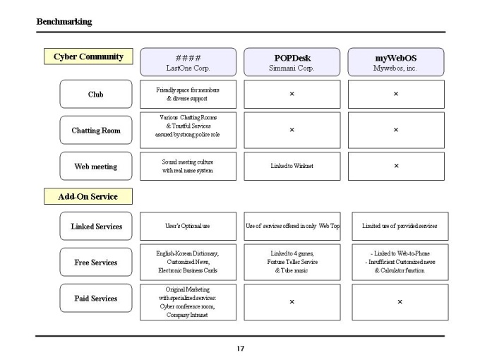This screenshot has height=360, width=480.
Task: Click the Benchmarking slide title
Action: pyautogui.click(x=64, y=22)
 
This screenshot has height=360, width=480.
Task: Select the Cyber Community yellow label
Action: pyautogui.click(x=88, y=56)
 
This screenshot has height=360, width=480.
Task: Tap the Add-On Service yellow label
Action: pyautogui.click(x=88, y=196)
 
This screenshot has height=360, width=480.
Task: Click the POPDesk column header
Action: pyautogui.click(x=292, y=62)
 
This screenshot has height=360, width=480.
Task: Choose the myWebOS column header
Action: pyautogui.click(x=396, y=62)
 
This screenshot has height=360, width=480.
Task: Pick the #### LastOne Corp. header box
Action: pyautogui.click(x=188, y=62)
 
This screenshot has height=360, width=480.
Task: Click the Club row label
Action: pyautogui.click(x=96, y=94)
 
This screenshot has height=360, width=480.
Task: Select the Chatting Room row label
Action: pyautogui.click(x=96, y=130)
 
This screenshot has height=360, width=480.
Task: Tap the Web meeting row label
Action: pyautogui.click(x=96, y=166)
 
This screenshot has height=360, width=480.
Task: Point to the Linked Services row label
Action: pyautogui.click(x=96, y=226)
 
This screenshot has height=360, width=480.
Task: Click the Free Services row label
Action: pyautogui.click(x=96, y=263)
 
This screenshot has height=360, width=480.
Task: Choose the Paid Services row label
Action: pyautogui.click(x=96, y=298)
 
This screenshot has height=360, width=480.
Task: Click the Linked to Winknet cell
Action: pyautogui.click(x=292, y=166)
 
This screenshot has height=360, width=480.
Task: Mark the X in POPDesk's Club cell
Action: pyautogui.click(x=292, y=94)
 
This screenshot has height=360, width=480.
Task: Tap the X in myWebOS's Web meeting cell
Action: pyautogui.click(x=396, y=166)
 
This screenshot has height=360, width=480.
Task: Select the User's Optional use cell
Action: pyautogui.click(x=188, y=226)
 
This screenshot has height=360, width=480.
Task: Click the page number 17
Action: pyautogui.click(x=240, y=349)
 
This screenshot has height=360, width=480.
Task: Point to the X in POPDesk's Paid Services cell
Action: pyautogui.click(x=292, y=302)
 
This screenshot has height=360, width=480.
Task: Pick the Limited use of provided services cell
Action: pyautogui.click(x=400, y=226)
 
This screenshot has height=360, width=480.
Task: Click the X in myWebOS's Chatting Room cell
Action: pyautogui.click(x=396, y=130)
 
